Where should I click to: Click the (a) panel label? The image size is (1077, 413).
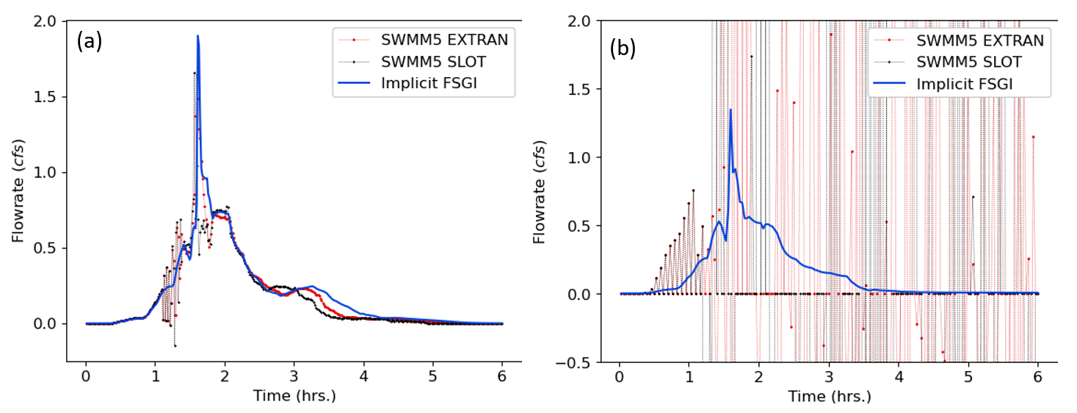tap(90, 42)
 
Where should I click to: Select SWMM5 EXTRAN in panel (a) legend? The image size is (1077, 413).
tap(444, 39)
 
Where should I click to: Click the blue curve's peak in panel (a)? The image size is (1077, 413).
tap(197, 36)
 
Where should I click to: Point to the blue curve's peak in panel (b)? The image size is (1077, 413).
tap(730, 109)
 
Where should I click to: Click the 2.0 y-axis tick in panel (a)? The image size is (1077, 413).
tap(49, 21)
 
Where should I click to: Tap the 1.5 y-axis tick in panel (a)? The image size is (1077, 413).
tap(49, 97)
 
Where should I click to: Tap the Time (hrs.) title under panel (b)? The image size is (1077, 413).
tap(829, 398)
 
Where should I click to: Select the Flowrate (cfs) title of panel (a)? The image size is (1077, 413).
tap(18, 191)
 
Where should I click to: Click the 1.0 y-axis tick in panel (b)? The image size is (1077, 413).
tap(583, 157)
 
